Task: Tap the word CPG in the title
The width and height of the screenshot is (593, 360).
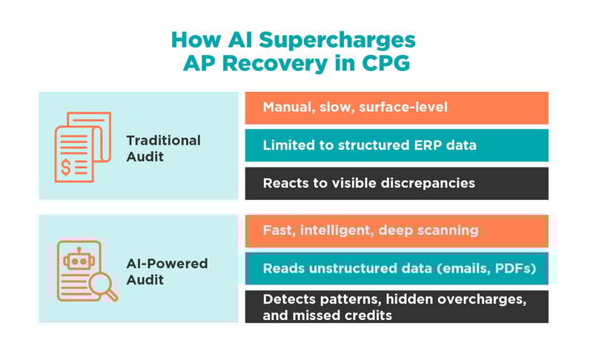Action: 384,64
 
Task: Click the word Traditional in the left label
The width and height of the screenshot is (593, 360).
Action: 163,140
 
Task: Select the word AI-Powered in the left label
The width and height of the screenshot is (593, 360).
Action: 167,263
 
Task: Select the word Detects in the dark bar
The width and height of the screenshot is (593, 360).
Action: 287,299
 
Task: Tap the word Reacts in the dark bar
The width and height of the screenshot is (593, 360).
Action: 285,183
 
